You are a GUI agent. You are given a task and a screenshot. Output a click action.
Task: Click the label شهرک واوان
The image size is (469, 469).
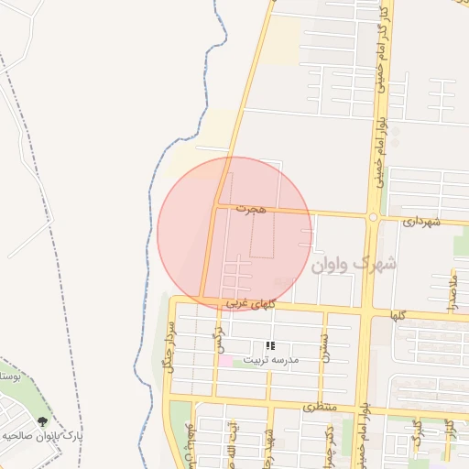(x=354, y=265)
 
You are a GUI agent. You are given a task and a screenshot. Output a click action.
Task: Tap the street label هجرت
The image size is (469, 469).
(x=249, y=210)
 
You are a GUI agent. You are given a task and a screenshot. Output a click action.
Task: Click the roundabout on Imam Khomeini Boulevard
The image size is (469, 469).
(x=373, y=217)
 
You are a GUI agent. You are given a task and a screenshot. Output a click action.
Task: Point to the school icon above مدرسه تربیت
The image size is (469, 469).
(x=270, y=346)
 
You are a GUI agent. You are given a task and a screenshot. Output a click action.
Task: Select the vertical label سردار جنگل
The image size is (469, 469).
(x=169, y=343)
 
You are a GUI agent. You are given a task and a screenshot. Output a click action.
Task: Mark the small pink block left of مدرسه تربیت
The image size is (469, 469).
(x=224, y=360)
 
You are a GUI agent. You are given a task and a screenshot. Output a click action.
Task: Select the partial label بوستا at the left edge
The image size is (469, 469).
(x=9, y=376)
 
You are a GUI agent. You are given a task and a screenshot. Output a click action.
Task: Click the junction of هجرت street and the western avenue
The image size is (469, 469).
(x=216, y=207)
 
